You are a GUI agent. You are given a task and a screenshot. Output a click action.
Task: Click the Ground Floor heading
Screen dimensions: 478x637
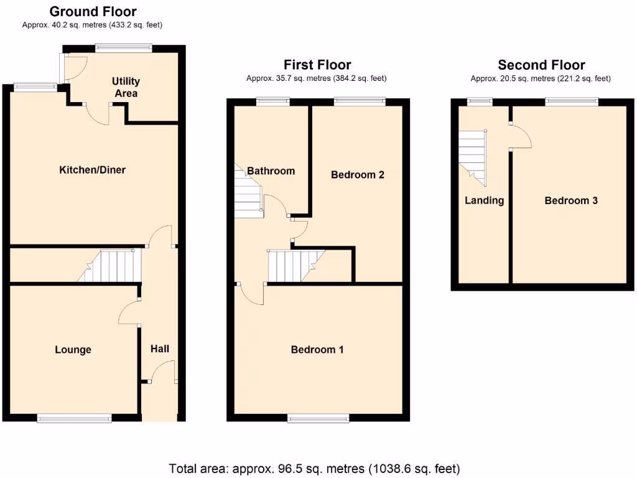93,11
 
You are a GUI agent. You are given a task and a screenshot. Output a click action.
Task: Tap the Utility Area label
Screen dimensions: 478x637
126,87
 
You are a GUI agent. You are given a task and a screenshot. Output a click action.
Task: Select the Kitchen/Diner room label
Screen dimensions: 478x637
92,170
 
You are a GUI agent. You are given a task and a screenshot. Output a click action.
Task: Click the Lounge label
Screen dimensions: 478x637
73,350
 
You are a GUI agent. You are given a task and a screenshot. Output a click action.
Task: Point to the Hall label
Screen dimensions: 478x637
160,349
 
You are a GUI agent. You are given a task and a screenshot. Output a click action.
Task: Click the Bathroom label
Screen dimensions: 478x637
271,171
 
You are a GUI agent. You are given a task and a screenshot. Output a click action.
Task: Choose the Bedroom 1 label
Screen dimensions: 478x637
317,350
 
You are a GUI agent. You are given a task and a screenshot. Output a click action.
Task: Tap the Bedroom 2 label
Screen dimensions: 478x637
357,175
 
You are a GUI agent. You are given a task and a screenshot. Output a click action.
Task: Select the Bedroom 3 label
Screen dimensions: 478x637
571,200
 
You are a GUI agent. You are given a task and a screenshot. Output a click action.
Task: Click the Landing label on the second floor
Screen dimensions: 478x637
484,200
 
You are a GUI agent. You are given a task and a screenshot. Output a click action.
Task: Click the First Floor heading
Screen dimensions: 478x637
317,65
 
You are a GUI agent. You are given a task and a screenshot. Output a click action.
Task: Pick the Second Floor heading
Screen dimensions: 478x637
541,65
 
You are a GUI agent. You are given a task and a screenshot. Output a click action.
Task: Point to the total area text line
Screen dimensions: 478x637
314,468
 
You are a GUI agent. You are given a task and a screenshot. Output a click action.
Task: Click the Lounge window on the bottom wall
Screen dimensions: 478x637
74,418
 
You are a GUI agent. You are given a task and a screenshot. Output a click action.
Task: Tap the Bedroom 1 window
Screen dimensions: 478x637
318,418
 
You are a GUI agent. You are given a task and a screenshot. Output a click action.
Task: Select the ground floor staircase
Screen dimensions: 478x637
112,266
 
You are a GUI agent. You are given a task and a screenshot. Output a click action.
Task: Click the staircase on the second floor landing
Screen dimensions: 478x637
473,156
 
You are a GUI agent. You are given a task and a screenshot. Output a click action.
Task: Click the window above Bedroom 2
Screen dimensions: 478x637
360,100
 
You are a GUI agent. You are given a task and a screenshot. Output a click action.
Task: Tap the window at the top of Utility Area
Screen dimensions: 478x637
123,47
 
